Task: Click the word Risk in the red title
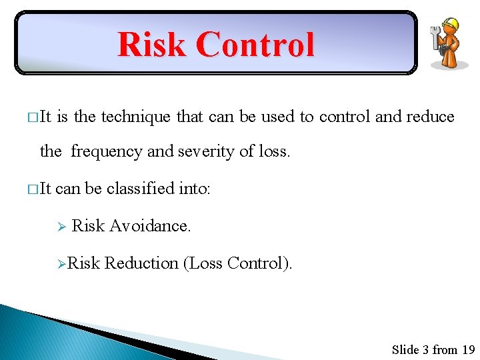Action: click(x=151, y=45)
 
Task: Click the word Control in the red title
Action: click(x=255, y=45)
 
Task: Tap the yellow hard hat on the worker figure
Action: click(x=451, y=25)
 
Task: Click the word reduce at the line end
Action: click(x=430, y=117)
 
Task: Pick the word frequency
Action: click(x=107, y=151)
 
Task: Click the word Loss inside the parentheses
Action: click(x=205, y=263)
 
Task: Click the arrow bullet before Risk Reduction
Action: click(x=61, y=264)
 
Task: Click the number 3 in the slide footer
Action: click(x=425, y=349)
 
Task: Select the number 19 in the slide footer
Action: click(x=468, y=349)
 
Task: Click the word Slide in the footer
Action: click(x=405, y=349)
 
